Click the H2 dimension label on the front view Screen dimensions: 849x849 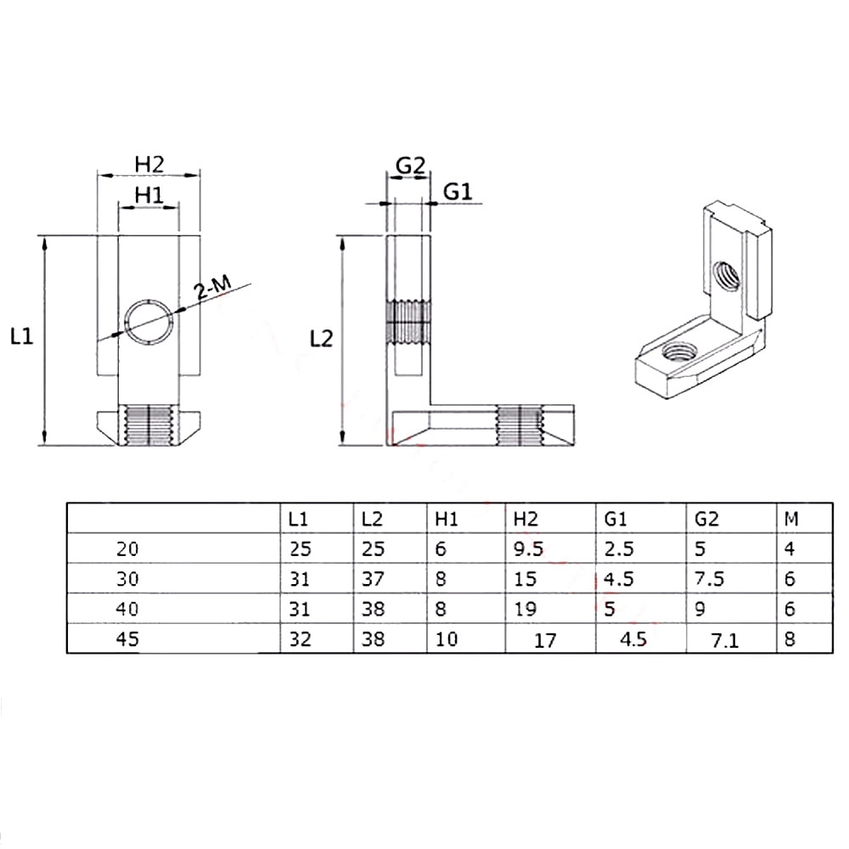(x=149, y=164)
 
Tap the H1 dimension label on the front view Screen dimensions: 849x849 (x=149, y=195)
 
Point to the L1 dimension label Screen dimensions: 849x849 (x=22, y=337)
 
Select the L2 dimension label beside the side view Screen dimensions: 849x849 (x=321, y=339)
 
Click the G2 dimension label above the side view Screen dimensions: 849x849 (x=410, y=166)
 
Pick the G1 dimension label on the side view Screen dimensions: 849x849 (x=458, y=192)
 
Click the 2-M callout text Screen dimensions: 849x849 (x=213, y=287)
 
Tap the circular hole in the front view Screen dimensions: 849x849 (x=149, y=321)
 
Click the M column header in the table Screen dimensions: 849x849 (x=791, y=520)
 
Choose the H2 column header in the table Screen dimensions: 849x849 (x=526, y=520)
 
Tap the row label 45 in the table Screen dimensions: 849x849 (x=127, y=639)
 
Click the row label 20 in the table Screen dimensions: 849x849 (x=127, y=549)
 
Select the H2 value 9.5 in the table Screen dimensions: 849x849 (x=528, y=549)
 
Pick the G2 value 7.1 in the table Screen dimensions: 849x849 (x=724, y=641)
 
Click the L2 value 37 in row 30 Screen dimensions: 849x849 (x=373, y=579)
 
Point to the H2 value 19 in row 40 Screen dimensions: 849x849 (x=525, y=609)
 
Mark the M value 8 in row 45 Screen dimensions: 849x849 (x=790, y=639)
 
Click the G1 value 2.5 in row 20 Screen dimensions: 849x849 (x=618, y=549)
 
